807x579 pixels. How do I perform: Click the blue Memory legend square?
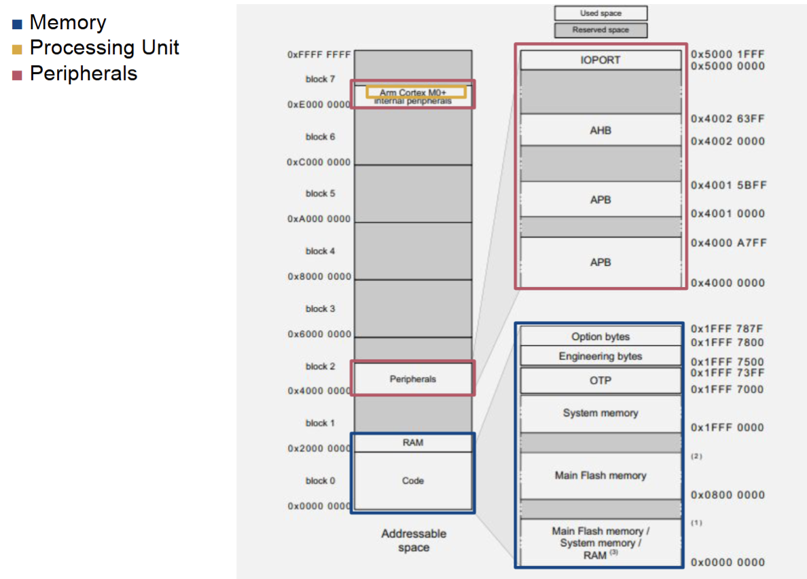17,24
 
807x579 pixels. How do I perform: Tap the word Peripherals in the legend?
83,73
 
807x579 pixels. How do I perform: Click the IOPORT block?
600,60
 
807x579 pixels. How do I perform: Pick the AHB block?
600,130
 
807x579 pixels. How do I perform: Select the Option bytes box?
600,337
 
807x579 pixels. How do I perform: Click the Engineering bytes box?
600,356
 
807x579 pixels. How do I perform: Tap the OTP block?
600,381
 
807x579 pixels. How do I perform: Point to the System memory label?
600,413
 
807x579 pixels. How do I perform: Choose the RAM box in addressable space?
412,443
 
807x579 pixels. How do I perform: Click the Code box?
412,481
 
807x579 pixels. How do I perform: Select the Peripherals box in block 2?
412,379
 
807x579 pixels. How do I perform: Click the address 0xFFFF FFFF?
319,54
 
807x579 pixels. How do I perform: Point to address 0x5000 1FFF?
728,54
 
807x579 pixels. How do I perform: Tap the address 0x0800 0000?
728,495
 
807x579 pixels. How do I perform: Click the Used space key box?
600,14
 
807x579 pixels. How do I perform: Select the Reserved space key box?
600,30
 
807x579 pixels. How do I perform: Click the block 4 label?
320,251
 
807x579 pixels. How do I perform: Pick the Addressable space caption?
414,540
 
